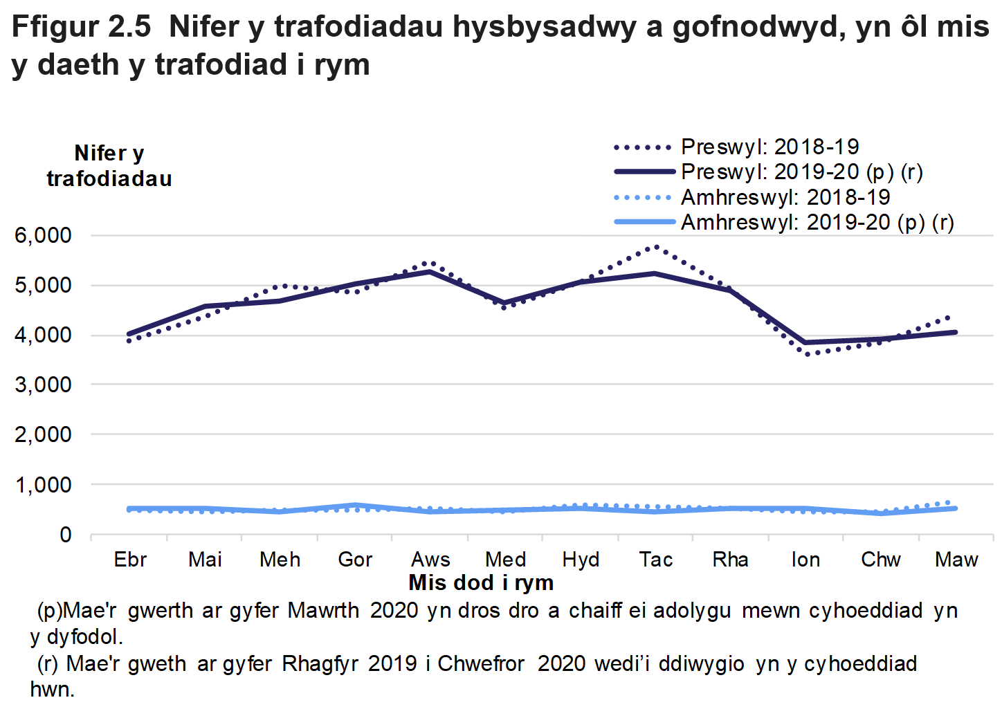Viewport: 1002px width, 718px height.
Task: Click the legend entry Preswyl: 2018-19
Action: tap(769, 147)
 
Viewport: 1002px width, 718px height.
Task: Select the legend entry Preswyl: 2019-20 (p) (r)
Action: tap(801, 172)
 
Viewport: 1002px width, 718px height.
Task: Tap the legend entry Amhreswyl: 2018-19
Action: tap(785, 197)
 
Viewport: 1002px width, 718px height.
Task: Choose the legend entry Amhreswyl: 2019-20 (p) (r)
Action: tap(817, 222)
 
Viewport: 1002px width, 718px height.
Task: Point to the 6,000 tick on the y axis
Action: tap(43, 235)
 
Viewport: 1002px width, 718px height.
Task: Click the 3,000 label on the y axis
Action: tap(43, 385)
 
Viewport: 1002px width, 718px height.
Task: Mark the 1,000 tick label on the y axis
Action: tap(43, 485)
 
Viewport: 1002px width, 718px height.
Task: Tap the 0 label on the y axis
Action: tap(65, 535)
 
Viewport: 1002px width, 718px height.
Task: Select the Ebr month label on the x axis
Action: tap(130, 559)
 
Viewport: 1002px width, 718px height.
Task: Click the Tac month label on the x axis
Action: tap(655, 559)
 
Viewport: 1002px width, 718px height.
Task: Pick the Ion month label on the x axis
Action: tap(805, 559)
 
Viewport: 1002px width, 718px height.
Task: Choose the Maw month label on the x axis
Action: tap(956, 559)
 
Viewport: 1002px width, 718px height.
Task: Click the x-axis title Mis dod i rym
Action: tap(481, 582)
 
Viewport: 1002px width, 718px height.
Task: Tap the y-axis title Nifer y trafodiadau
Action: tap(109, 166)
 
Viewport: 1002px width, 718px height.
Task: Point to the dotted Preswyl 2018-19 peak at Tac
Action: tap(655, 247)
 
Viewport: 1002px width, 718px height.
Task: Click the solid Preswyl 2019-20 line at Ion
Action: tap(805, 342)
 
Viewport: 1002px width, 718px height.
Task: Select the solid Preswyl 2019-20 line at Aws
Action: tap(430, 271)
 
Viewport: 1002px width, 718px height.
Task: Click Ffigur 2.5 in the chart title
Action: tap(81, 27)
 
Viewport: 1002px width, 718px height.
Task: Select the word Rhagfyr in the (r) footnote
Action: tap(320, 663)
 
